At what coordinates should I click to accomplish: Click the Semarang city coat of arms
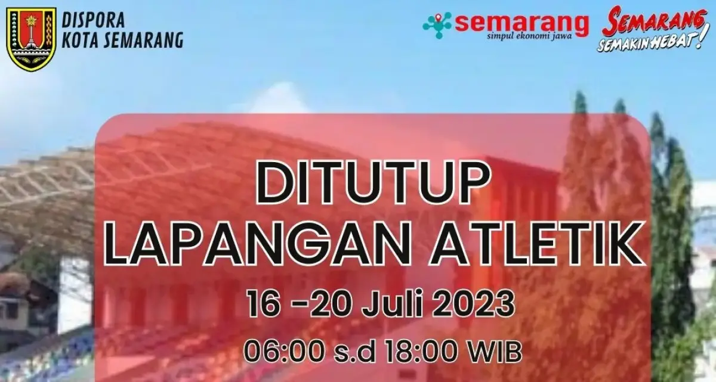click(x=32, y=39)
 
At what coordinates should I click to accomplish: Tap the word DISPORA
click(x=94, y=20)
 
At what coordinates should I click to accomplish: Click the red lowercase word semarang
click(x=521, y=22)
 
